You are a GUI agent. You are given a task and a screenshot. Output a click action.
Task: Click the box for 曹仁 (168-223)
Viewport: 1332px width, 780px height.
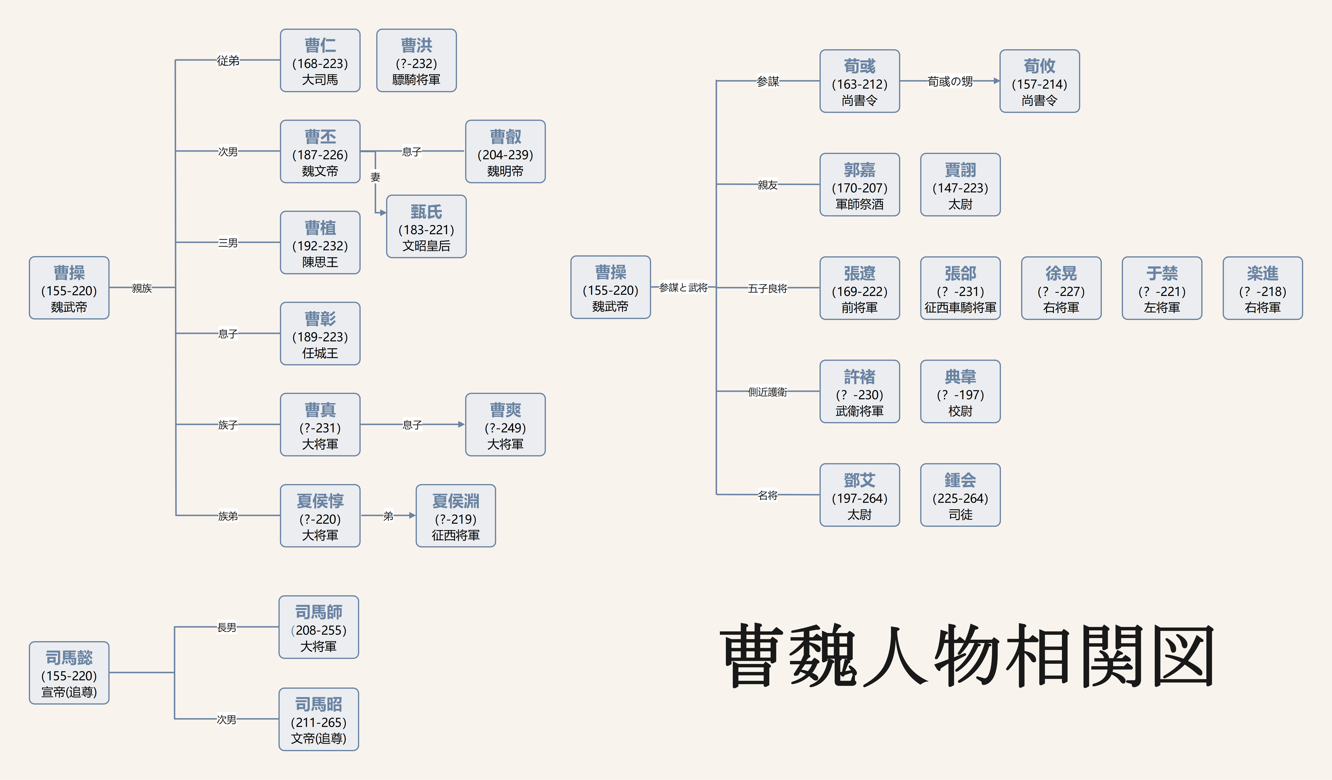coord(320,61)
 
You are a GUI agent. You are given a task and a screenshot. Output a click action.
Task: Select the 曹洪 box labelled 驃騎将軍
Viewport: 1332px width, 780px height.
coord(417,61)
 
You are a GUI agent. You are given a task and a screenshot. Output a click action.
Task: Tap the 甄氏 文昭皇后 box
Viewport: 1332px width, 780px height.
coord(426,227)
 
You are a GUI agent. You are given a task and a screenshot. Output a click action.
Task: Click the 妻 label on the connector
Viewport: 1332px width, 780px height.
coord(375,177)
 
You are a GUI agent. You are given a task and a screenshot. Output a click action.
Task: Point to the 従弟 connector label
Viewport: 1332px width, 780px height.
coord(228,61)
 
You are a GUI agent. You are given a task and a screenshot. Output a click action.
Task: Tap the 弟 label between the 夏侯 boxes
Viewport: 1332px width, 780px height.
coord(388,516)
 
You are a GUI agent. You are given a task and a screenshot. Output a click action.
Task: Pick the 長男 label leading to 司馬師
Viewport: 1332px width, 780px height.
coord(227,627)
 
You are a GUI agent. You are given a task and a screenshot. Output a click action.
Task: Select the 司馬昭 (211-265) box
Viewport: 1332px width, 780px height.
coord(319,719)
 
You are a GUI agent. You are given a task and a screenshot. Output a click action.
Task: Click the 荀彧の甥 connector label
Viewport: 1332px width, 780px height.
coord(950,81)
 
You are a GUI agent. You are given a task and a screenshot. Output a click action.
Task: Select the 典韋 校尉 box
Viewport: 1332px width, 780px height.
coord(960,392)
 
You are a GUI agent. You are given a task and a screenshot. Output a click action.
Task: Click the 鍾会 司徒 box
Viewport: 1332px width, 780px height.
coord(960,495)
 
